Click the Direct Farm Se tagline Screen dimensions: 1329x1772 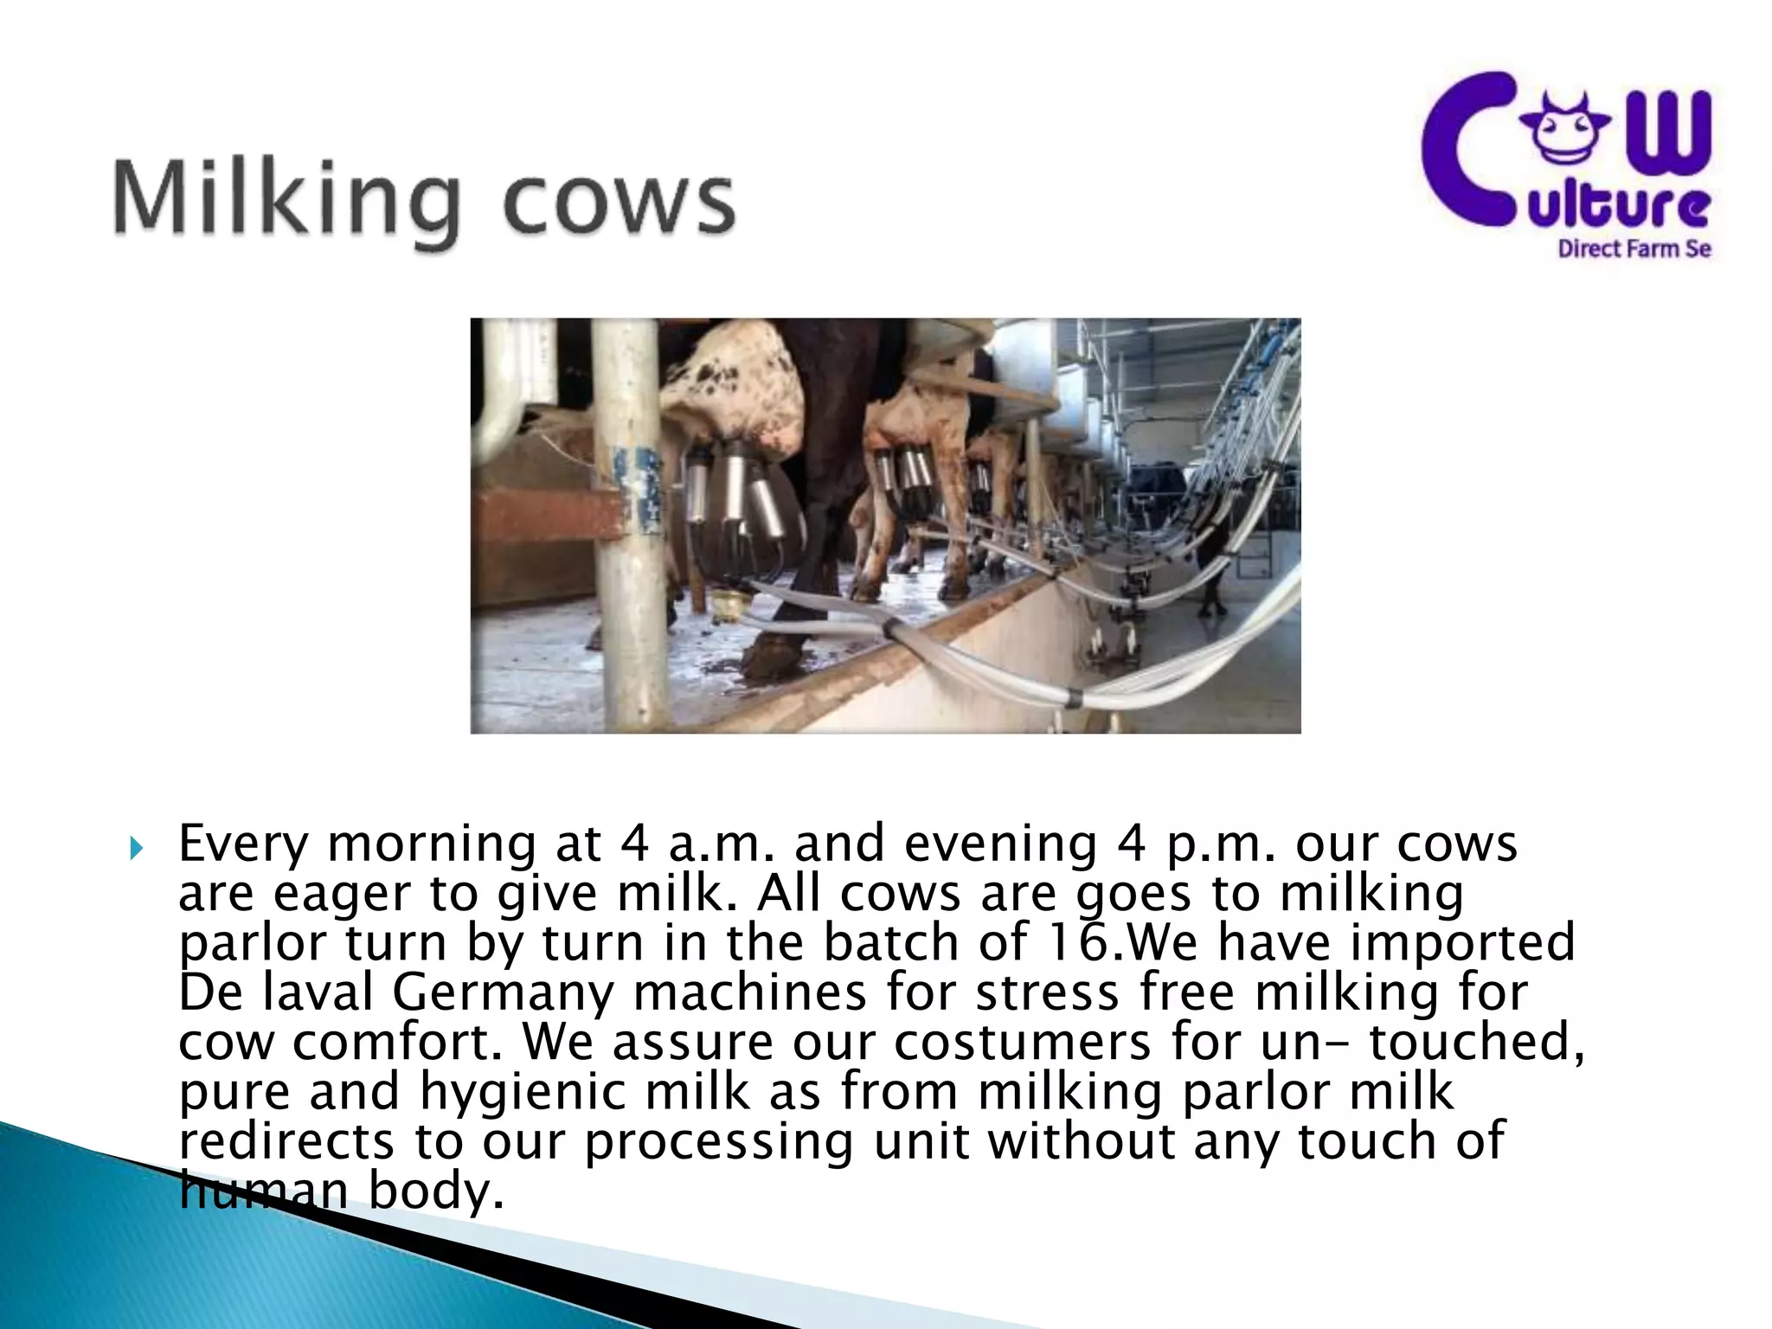[1634, 249]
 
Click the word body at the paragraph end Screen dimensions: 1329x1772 [436, 1191]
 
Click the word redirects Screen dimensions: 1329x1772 [286, 1141]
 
